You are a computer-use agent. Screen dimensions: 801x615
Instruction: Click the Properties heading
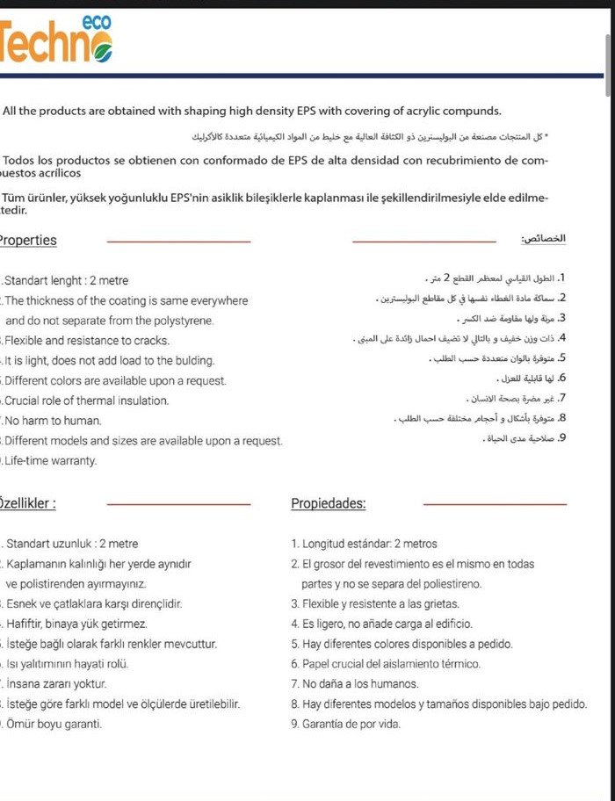click(x=28, y=241)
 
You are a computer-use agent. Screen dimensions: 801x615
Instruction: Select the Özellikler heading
click(x=28, y=504)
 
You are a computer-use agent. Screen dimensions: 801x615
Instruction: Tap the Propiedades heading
click(x=329, y=504)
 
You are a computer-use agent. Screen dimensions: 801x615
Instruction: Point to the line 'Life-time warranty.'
click(x=51, y=461)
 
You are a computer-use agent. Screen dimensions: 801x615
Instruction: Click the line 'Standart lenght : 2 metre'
click(x=67, y=281)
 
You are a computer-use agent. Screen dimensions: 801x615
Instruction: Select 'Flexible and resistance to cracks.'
click(x=87, y=341)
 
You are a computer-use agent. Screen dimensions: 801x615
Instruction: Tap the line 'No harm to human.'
click(x=54, y=421)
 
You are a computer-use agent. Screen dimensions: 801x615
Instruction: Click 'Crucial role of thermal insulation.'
click(x=87, y=400)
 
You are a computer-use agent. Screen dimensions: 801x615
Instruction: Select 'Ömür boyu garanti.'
click(x=54, y=725)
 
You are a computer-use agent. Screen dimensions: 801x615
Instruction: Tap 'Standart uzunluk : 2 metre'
click(x=72, y=545)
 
